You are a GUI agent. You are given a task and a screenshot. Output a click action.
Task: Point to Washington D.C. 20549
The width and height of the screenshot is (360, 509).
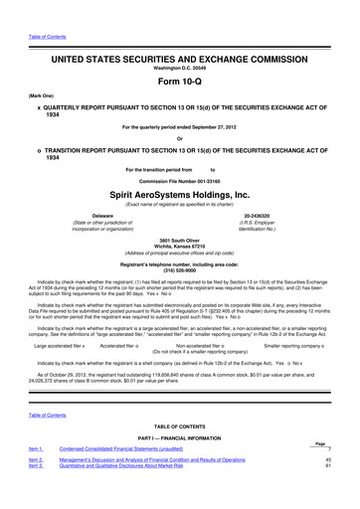[180, 41]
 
